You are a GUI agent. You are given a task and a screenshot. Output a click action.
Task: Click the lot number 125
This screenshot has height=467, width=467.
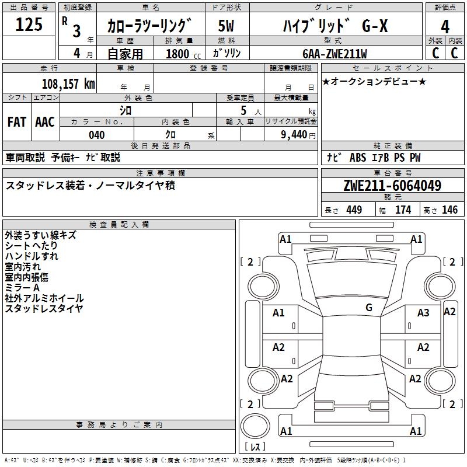tap(29, 24)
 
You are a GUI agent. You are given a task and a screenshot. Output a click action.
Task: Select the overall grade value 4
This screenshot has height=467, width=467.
tap(445, 26)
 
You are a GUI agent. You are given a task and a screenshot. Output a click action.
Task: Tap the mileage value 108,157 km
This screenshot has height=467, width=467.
tap(68, 84)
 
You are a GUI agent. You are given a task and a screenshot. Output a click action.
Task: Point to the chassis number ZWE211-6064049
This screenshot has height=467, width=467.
tap(392, 185)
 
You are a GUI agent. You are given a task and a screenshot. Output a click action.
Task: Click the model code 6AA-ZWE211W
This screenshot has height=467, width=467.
tap(334, 54)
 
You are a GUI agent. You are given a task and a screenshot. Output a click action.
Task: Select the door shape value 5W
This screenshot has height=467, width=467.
tap(226, 26)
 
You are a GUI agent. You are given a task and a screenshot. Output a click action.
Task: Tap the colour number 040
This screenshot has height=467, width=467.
tap(97, 135)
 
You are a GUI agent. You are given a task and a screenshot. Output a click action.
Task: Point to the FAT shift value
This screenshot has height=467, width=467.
tap(17, 122)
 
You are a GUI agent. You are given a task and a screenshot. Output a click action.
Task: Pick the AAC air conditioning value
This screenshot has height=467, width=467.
tap(45, 122)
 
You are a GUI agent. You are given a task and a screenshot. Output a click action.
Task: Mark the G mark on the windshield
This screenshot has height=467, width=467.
tap(369, 308)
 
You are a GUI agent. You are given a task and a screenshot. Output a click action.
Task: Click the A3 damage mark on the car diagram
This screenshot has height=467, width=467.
tap(423, 313)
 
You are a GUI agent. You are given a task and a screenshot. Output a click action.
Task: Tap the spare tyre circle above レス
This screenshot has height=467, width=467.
tap(255, 426)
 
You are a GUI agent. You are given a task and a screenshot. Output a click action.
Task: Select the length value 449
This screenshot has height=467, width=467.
tap(354, 210)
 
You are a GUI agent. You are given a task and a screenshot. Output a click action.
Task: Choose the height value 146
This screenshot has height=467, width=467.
tap(449, 210)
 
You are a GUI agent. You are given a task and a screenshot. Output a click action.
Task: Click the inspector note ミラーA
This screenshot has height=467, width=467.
tap(22, 287)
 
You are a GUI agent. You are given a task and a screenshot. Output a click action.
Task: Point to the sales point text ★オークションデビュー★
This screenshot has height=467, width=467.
tap(374, 81)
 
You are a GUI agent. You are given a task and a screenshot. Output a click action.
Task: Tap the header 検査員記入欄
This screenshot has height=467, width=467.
tap(119, 224)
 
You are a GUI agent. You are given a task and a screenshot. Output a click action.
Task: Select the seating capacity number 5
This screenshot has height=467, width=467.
tap(243, 111)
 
